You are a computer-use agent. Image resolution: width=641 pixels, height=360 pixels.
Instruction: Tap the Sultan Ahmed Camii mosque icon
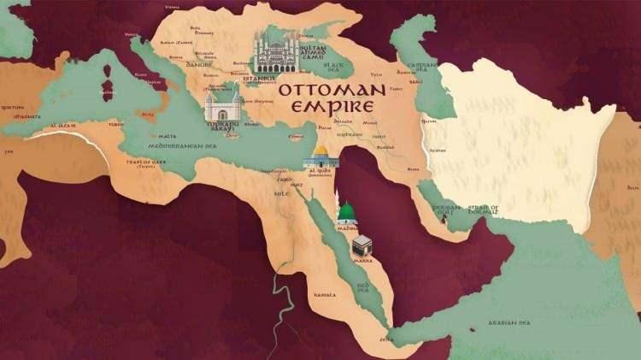[275, 54]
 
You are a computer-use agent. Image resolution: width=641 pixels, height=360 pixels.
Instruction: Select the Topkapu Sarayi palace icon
[220, 107]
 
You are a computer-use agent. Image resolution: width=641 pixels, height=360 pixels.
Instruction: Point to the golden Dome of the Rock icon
[320, 155]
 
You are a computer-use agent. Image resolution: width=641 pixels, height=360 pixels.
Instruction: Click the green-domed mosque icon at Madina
[345, 213]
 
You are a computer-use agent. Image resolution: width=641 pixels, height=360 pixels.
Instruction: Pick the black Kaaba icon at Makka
[362, 247]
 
